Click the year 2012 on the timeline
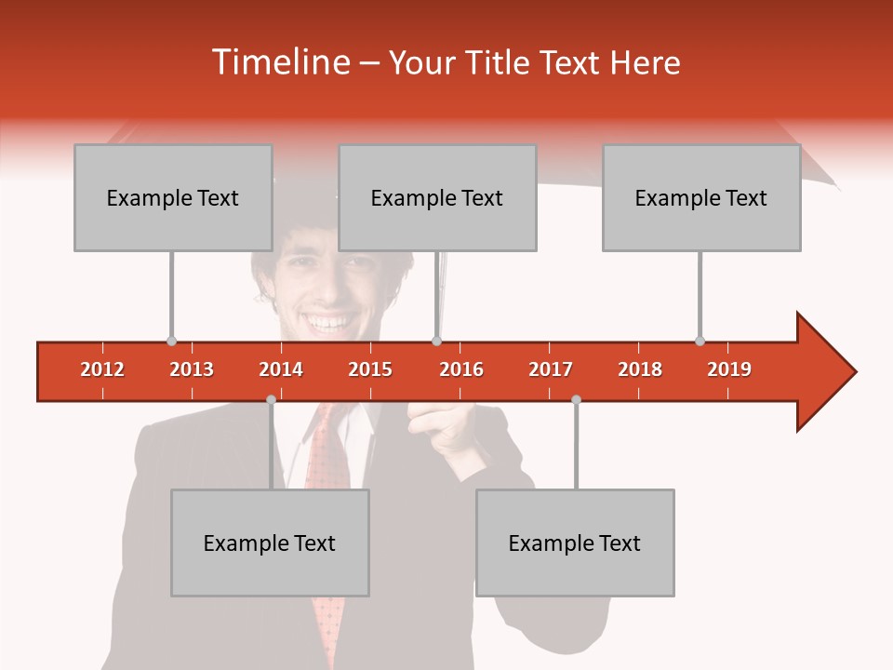(102, 369)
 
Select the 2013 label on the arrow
(192, 369)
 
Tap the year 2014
(281, 369)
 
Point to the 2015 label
(370, 369)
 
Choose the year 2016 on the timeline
(461, 369)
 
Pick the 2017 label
(551, 369)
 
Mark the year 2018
(640, 369)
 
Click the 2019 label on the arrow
(729, 369)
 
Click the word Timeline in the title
(278, 62)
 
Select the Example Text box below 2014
(270, 543)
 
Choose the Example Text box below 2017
(575, 543)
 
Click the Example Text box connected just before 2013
(173, 197)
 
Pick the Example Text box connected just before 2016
(437, 197)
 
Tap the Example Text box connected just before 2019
(701, 197)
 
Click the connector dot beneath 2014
(271, 399)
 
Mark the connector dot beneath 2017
(576, 399)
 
